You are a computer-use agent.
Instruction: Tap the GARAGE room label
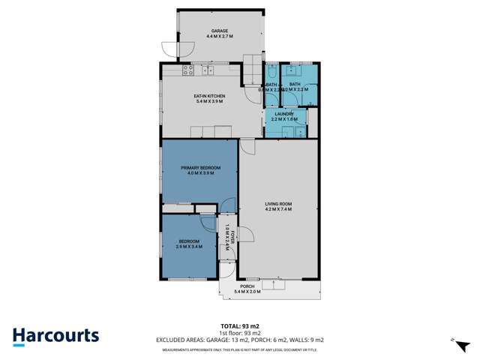click(x=219, y=31)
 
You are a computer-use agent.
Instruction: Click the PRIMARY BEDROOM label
click(x=200, y=167)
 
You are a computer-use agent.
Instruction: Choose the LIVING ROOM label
click(x=277, y=203)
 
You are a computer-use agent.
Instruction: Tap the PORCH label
click(x=247, y=286)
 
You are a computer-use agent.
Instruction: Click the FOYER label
click(x=232, y=238)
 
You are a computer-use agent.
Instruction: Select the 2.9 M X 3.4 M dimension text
click(x=189, y=246)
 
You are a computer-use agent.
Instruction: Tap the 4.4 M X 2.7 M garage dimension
click(x=219, y=37)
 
